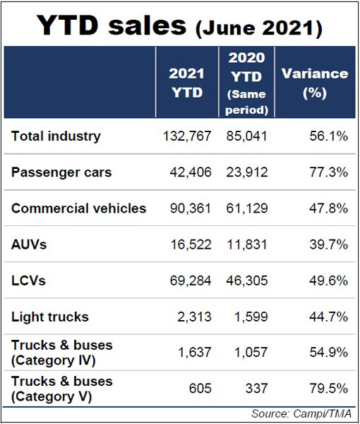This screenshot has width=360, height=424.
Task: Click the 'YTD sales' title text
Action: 112,25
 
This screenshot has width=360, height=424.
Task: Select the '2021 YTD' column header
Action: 187,83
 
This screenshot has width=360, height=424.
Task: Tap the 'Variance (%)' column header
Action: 315,83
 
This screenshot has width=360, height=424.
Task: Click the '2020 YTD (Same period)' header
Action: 246,83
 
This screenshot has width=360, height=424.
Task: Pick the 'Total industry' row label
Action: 56,136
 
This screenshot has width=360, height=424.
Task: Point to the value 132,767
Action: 187,136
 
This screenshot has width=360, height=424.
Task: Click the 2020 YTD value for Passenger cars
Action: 247,172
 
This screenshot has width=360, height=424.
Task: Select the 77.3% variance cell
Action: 328,172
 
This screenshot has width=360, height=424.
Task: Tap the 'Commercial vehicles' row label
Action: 78,208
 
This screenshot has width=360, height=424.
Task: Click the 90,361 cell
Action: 191,208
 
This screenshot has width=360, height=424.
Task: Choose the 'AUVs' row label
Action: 29,245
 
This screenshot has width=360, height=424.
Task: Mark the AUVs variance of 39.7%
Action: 328,245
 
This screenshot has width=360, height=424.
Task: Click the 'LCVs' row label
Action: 28,281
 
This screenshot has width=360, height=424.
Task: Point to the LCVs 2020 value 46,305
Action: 247,281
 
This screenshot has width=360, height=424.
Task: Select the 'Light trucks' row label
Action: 50,317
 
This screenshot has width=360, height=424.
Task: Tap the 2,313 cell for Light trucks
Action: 194,317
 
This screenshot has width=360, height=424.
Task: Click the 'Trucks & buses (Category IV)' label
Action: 62,353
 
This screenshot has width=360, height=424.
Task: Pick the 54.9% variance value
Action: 328,353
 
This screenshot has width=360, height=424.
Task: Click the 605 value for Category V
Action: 200,389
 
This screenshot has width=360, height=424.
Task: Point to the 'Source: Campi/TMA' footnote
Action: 301,413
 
